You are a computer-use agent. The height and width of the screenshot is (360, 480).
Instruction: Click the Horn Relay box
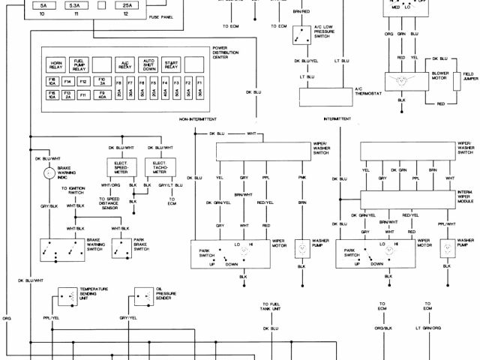tap(56, 65)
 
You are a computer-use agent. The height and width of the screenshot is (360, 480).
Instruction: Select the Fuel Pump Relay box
tap(80, 65)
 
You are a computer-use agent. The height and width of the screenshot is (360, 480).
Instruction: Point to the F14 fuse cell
tap(68, 81)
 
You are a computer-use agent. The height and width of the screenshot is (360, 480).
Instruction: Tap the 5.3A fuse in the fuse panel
tap(75, 6)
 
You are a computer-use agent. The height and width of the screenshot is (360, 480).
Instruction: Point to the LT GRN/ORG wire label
tap(427, 328)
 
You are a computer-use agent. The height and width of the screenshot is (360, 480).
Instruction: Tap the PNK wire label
tap(301, 178)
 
